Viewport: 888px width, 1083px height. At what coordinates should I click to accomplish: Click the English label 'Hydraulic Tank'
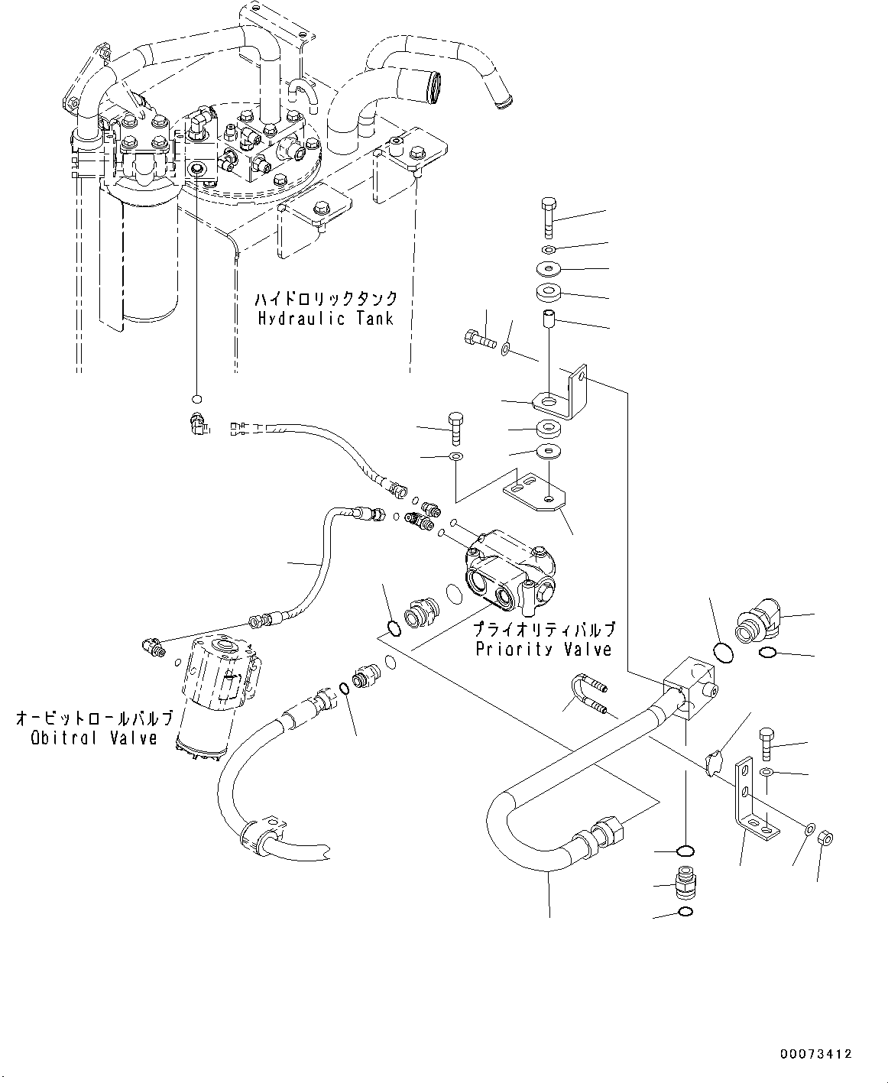click(325, 318)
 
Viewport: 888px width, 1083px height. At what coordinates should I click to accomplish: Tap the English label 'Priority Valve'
click(543, 649)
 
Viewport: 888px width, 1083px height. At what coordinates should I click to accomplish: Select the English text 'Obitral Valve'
click(94, 738)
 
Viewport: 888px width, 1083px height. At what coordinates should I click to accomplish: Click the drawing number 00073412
click(815, 1054)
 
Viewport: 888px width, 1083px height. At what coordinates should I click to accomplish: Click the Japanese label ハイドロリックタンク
click(326, 297)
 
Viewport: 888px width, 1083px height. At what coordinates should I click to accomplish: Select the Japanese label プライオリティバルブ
click(543, 629)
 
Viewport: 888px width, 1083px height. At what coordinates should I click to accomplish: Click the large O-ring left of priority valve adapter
click(392, 628)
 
